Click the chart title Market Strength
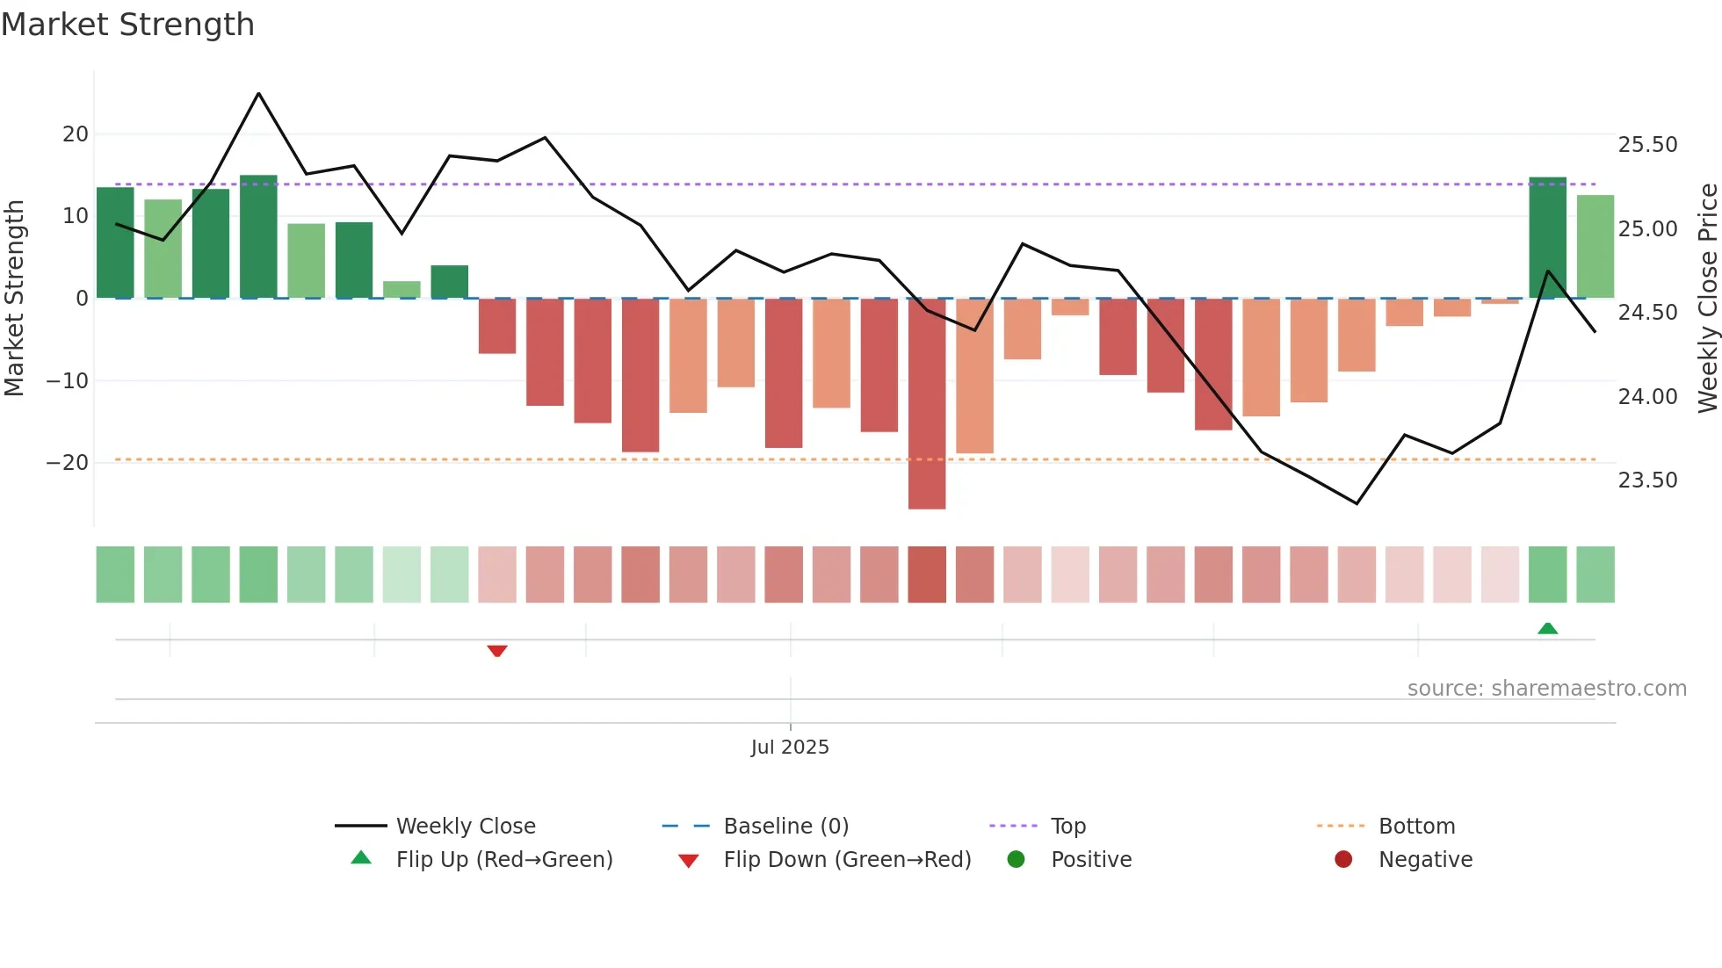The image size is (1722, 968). point(127,25)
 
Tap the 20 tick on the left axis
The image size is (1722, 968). point(76,134)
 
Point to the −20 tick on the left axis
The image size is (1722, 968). point(68,463)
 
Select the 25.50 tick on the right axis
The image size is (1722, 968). point(1647,145)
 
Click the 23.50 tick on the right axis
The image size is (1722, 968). point(1647,480)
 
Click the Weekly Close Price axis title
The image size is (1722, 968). point(1707,299)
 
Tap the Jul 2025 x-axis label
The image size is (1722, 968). point(789,748)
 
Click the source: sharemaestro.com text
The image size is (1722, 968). point(1546,689)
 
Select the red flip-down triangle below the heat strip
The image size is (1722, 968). point(497,651)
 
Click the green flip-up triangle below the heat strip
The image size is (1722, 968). point(1547,628)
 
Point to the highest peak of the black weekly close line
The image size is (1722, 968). point(258,93)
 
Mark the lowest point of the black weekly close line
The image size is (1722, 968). point(1357,503)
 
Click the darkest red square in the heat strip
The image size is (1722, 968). point(927,574)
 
